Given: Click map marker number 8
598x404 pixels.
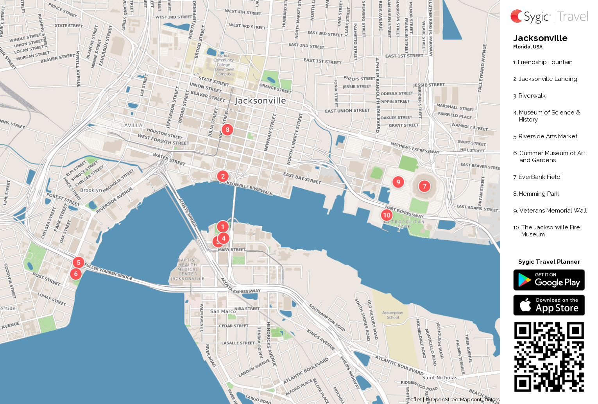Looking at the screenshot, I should (227, 130).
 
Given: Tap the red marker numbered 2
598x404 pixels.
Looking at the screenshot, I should (223, 176).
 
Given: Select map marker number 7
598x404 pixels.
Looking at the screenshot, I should (424, 186).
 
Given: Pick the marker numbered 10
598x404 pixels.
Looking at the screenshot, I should (387, 215).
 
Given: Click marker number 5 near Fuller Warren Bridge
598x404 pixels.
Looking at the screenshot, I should (79, 263).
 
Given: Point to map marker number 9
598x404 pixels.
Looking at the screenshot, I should (398, 182).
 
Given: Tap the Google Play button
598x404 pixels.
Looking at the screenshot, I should (549, 280).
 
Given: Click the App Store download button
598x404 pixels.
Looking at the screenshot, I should (549, 305).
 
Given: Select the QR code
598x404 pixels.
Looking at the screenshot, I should (549, 357).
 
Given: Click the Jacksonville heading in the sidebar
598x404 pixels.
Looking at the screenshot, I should (540, 38).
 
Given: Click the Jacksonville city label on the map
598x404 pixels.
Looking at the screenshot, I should (260, 101).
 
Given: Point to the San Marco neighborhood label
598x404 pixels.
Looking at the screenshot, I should (223, 311).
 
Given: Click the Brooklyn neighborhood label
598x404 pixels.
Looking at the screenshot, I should (91, 190).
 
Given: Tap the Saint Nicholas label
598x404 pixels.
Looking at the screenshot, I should (440, 378).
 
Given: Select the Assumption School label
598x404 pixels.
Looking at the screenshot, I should (393, 315).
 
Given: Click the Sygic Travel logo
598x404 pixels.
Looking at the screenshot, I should (549, 16).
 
